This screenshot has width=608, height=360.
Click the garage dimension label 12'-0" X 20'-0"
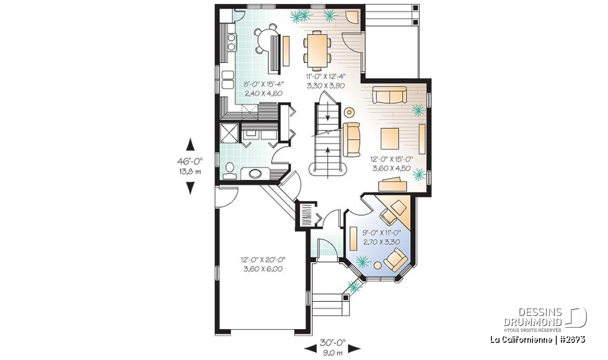click(x=263, y=260)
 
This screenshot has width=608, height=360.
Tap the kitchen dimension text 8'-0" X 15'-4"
click(x=263, y=84)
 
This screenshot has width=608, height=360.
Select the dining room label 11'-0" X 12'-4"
click(x=326, y=76)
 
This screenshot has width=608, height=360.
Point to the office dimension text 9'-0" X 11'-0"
click(x=382, y=232)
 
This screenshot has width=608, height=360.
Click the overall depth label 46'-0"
click(x=190, y=162)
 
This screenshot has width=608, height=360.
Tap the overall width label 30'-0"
click(x=332, y=343)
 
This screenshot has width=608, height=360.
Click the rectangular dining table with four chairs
click(x=317, y=51)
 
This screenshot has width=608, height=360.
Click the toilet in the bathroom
click(x=230, y=171)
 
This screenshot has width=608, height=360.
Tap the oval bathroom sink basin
click(x=255, y=174)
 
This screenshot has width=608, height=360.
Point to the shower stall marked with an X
click(x=230, y=133)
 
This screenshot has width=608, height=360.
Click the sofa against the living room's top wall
click(x=390, y=95)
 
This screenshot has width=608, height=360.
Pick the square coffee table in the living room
click(x=390, y=139)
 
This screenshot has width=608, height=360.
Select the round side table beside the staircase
click(x=349, y=112)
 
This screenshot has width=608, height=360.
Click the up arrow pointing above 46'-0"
click(x=191, y=144)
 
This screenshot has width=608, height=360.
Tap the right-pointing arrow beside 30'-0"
click(x=354, y=348)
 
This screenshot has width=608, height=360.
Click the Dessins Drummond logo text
click(x=533, y=317)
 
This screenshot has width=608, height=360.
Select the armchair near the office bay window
click(x=396, y=260)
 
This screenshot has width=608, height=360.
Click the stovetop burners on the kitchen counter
click(x=41, y=42)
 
